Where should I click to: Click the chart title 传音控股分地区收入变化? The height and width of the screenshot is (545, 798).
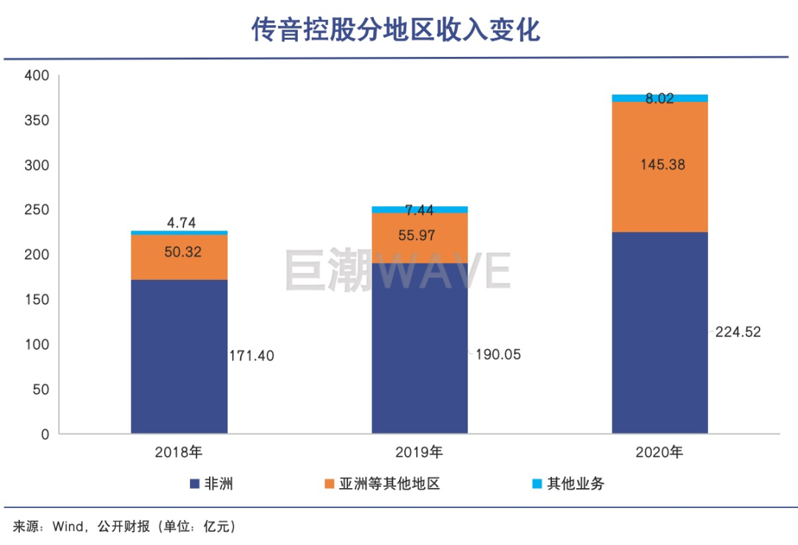tap(397, 30)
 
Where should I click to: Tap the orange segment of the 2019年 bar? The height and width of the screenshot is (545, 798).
tap(419, 237)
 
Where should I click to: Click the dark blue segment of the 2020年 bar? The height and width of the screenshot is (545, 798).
tap(659, 332)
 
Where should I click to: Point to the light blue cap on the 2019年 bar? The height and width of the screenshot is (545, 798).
tap(419, 209)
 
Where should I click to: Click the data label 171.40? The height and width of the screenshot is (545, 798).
tap(251, 356)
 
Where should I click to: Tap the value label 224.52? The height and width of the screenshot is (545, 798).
tap(737, 332)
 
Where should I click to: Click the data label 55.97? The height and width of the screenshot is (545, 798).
tap(419, 236)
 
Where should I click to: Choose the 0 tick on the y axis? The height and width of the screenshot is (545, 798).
tap(44, 434)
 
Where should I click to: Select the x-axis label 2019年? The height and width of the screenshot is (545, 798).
tap(419, 452)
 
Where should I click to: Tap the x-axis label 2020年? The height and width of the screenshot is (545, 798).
tap(659, 452)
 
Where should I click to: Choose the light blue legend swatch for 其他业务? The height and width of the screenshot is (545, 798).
tap(537, 484)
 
